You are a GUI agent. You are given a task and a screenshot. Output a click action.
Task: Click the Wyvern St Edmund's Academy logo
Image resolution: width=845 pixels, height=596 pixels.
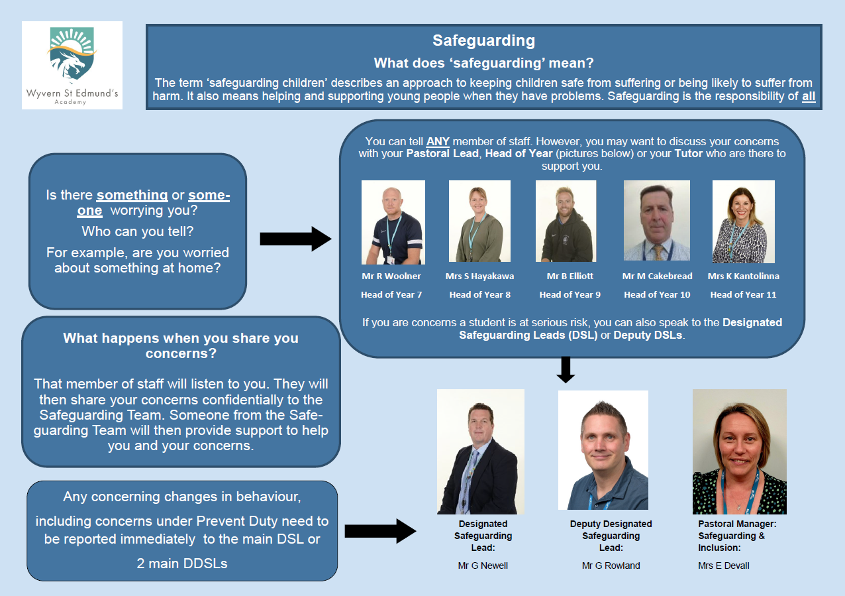[72, 66]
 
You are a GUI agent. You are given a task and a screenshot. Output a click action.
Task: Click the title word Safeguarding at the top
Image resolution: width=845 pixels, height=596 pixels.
[483, 40]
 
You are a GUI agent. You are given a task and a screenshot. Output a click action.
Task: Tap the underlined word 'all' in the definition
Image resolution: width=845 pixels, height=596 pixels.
[809, 96]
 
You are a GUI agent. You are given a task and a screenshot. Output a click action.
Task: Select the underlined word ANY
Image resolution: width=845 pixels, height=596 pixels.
[438, 141]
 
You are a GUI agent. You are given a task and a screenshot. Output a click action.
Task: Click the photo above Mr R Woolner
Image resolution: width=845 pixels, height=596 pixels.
[393, 222]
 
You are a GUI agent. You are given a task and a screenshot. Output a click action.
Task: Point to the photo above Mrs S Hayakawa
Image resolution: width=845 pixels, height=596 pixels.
[479, 221]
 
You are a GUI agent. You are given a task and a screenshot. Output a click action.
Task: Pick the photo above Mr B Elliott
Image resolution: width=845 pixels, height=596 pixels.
[566, 221]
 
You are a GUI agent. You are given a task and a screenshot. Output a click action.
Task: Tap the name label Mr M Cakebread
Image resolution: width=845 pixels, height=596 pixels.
[657, 276]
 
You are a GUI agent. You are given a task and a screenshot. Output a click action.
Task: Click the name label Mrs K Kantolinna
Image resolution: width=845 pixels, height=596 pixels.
[743, 276]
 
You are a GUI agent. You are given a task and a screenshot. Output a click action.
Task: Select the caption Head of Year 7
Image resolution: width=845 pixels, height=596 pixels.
[391, 294]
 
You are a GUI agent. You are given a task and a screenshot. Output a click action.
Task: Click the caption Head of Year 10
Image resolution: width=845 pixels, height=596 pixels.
[657, 294]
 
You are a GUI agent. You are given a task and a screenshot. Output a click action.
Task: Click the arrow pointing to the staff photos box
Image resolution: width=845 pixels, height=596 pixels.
[296, 239]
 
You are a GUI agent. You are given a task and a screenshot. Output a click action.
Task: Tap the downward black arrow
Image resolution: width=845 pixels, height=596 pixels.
[566, 370]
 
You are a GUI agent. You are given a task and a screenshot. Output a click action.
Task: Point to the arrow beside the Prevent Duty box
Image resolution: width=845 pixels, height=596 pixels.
[380, 531]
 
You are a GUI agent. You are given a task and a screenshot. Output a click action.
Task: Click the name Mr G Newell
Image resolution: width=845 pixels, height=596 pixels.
[483, 566]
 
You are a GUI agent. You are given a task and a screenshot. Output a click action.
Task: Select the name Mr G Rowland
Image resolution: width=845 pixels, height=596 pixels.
[611, 566]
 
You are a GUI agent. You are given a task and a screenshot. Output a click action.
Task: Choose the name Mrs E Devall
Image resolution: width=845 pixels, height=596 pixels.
[724, 566]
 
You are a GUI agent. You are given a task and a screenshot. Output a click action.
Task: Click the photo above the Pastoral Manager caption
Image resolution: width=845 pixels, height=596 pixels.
[739, 451]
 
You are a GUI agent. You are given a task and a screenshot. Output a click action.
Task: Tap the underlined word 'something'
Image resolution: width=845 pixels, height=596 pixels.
[132, 196]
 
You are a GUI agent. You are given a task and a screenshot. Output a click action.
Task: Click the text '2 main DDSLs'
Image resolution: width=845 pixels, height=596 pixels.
[182, 564]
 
